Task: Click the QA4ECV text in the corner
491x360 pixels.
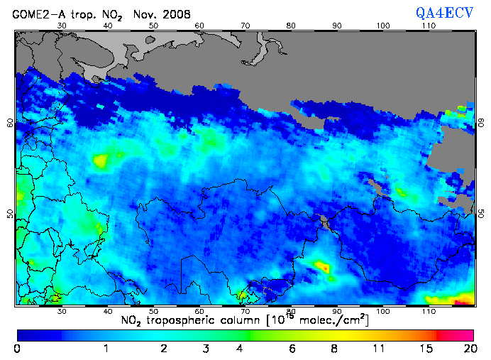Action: coord(446,13)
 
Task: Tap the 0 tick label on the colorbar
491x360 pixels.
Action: coord(16,348)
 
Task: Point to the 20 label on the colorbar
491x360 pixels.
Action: coord(468,348)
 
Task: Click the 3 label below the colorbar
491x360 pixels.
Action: coord(206,348)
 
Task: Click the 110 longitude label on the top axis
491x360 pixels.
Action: coord(429,26)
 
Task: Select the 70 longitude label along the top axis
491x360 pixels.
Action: coord(245,26)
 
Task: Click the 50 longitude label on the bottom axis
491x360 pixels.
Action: coord(153,311)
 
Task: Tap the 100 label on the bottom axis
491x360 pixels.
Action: coord(383,311)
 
